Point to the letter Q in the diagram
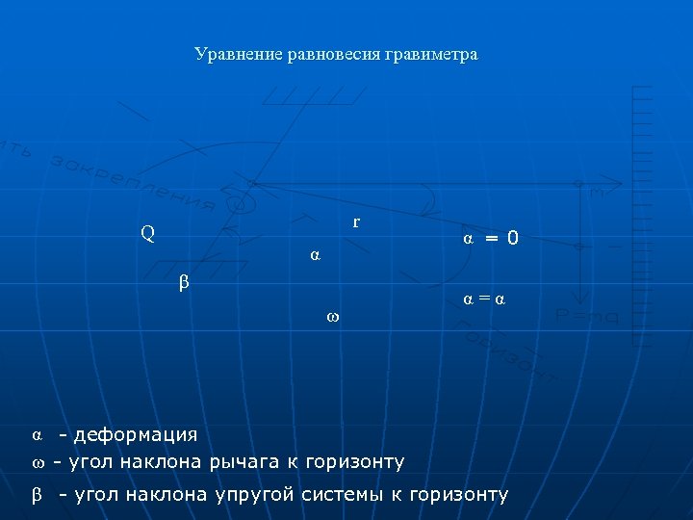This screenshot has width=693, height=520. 147,232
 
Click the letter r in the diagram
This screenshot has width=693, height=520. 356,221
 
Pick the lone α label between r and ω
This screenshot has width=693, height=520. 315,255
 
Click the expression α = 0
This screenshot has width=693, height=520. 490,237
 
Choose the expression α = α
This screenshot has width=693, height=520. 484,299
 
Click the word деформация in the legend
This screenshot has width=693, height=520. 136,435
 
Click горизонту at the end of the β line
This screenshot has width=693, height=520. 458,495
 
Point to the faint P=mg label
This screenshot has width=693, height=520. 587,317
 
